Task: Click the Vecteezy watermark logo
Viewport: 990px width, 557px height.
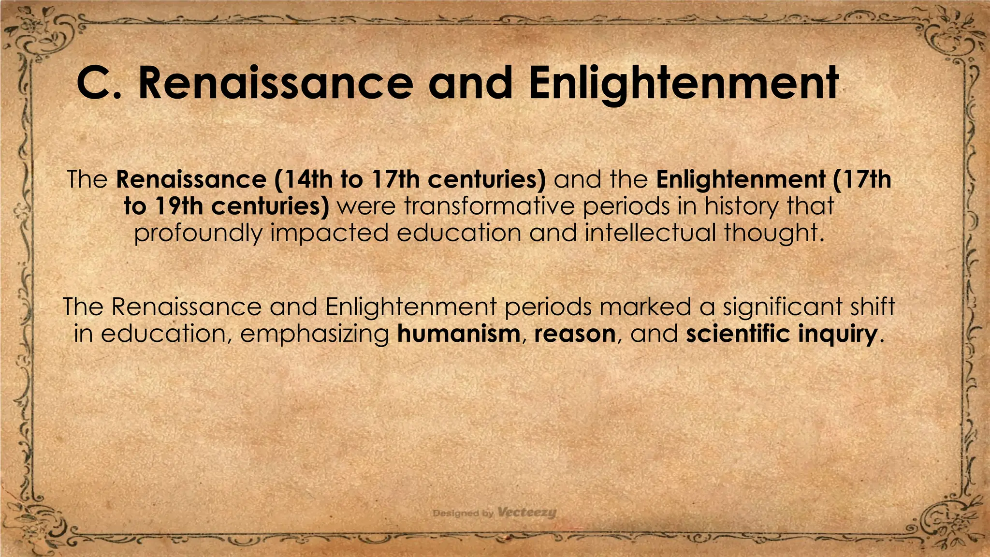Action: [526, 513]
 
